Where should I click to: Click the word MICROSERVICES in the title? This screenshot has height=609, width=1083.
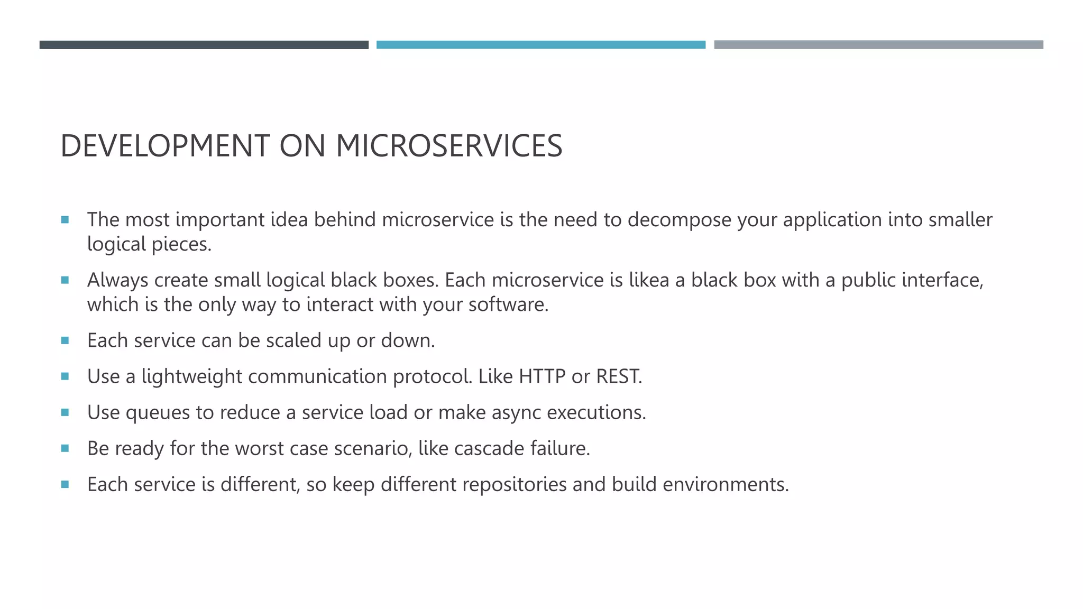point(449,146)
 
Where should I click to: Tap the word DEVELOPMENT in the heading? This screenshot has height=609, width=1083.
point(166,146)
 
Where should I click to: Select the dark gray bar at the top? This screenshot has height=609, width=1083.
point(204,45)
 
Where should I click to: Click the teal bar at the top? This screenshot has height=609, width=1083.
point(540,45)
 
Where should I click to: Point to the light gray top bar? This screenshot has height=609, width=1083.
point(878,45)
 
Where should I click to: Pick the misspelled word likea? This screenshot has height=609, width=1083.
point(649,280)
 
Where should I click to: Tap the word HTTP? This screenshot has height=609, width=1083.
point(542,376)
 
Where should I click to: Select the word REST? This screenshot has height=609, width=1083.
point(618,376)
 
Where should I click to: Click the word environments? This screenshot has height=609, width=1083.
point(725,484)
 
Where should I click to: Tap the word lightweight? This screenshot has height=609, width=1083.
point(191,377)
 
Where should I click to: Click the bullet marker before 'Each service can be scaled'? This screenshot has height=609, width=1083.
point(65,340)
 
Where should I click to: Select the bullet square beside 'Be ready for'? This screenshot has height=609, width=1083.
point(65,448)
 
